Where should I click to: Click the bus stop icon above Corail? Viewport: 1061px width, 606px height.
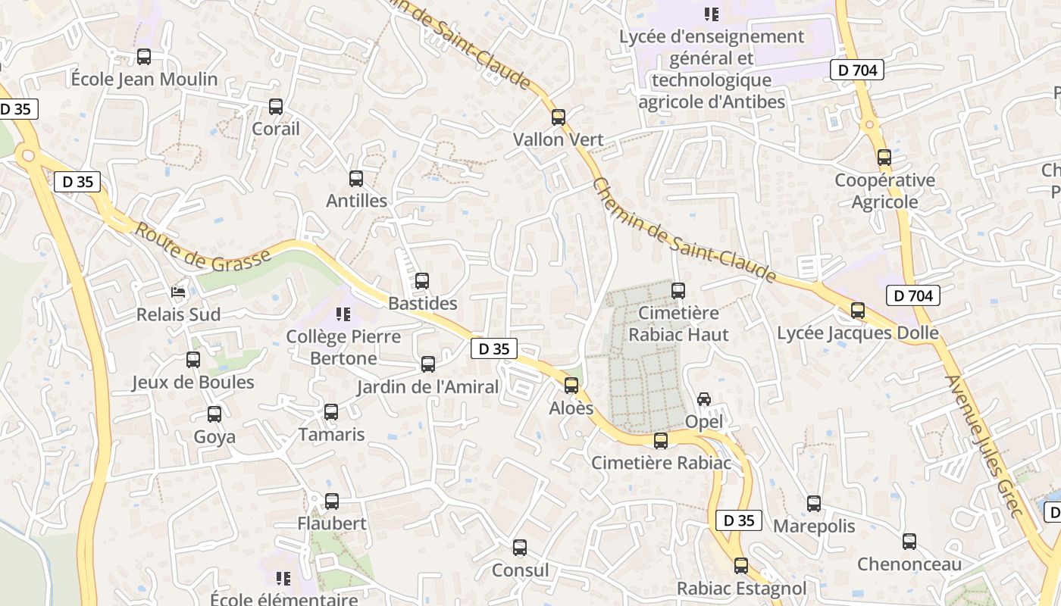pos(276,107)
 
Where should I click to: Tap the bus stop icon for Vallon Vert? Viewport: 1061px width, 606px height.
pos(559,117)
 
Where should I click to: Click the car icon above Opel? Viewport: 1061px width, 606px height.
pos(704,399)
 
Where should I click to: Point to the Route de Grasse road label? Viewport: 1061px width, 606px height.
pos(202,246)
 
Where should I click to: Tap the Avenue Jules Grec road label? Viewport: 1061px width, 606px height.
pos(984,447)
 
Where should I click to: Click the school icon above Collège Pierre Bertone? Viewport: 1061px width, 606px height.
pos(343,314)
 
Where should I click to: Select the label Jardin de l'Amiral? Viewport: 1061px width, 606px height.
pos(428,387)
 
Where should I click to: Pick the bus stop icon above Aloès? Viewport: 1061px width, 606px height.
pos(571,386)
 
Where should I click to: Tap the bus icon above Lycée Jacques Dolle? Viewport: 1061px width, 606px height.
pos(858,311)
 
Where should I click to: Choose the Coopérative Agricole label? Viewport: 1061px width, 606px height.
pos(884,191)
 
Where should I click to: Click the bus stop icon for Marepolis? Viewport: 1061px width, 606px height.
pos(814,504)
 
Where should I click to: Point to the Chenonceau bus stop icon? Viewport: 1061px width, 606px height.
pos(909,542)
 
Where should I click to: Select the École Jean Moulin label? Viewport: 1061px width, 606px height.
pos(144,79)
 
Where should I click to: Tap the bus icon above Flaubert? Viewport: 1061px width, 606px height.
pos(332,501)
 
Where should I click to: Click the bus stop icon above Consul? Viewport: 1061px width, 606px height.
pos(520,548)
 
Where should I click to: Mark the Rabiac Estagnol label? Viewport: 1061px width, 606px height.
pos(741,588)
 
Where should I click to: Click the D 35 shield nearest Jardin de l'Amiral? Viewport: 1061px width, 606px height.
pos(494,348)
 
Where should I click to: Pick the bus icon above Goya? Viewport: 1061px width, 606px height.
pos(214,414)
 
